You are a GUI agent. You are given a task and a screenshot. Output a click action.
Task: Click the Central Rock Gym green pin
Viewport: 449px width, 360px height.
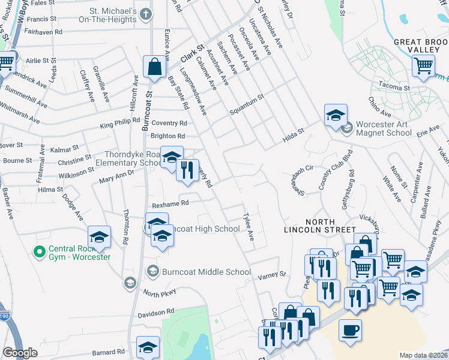[40, 251]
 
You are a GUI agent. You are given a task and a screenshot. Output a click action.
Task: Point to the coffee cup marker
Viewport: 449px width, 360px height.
[350, 330]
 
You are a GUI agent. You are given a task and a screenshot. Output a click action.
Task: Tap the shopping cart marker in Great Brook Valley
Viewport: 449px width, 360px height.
[424, 65]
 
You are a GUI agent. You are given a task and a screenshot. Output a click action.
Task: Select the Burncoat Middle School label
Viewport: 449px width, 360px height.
[206, 272]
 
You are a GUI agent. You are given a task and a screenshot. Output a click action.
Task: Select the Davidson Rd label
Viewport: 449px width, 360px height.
[155, 313]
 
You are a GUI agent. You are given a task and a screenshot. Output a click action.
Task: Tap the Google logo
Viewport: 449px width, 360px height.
[20, 353]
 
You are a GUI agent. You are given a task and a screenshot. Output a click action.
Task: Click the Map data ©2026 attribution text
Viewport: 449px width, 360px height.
[424, 355]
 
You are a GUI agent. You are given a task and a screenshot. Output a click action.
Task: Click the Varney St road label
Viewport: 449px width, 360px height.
[272, 275]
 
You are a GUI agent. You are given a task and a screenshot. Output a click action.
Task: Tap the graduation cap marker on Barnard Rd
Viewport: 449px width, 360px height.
[148, 347]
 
